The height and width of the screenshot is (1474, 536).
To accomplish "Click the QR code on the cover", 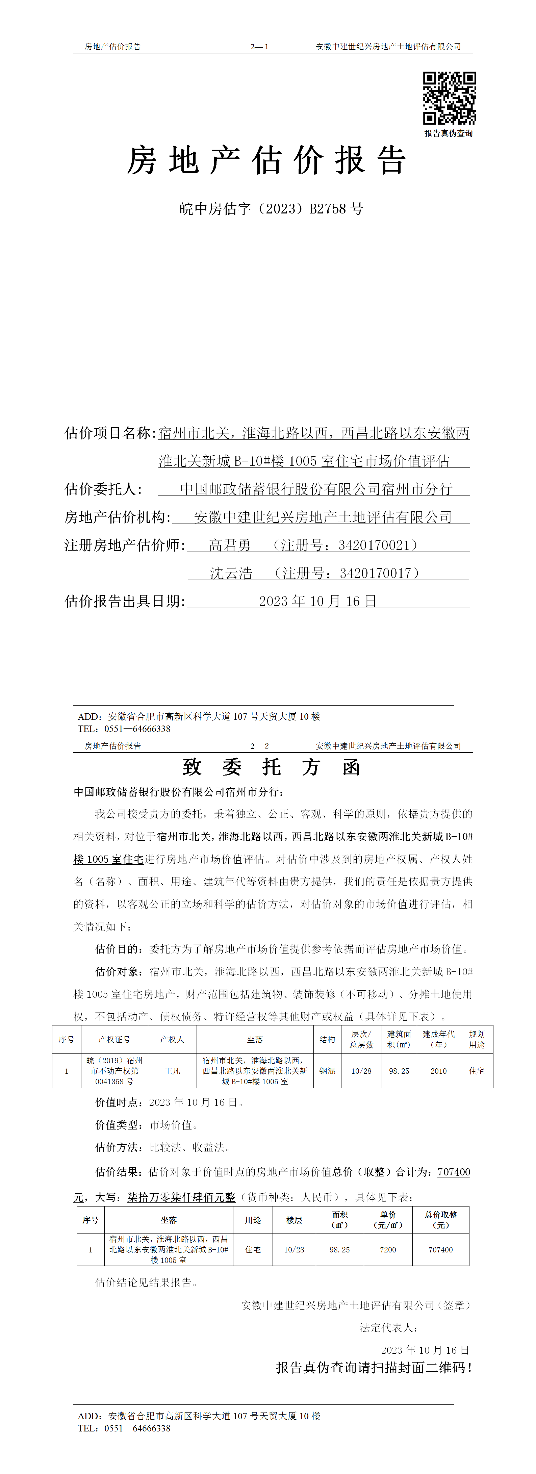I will [x=449, y=98].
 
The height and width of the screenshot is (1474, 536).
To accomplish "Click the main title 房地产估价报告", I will [x=266, y=160].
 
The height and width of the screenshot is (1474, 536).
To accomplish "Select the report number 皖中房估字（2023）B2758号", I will [x=271, y=209].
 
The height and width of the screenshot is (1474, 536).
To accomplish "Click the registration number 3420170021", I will [x=374, y=545].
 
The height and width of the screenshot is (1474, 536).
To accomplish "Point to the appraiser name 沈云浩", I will [x=231, y=573].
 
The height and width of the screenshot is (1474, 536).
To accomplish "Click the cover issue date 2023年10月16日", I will [x=317, y=601].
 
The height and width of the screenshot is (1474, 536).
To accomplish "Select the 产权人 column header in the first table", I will [x=172, y=1039].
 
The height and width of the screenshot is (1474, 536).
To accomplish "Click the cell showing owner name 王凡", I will [x=172, y=1071].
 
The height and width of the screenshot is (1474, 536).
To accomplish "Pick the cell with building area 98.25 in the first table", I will [x=399, y=1071].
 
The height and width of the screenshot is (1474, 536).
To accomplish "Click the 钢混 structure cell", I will [x=327, y=1071].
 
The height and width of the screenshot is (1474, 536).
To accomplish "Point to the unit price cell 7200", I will [x=388, y=1250].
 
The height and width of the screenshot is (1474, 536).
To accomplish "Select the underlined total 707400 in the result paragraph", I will [x=454, y=1172].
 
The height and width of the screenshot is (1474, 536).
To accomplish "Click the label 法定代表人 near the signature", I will [x=388, y=1327].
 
